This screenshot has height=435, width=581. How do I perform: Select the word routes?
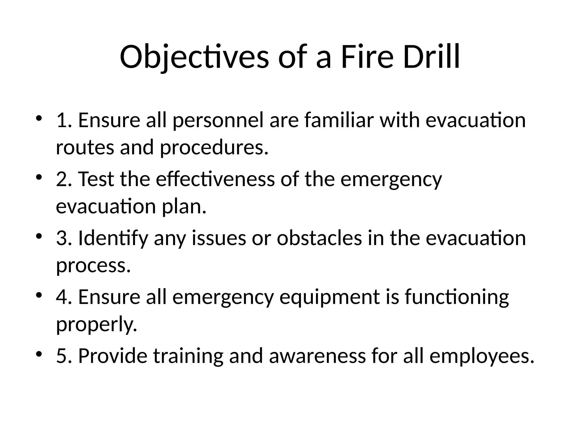[x=85, y=148]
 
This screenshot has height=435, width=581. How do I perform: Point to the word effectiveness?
[x=215, y=179]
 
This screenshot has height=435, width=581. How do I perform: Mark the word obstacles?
[x=319, y=238]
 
